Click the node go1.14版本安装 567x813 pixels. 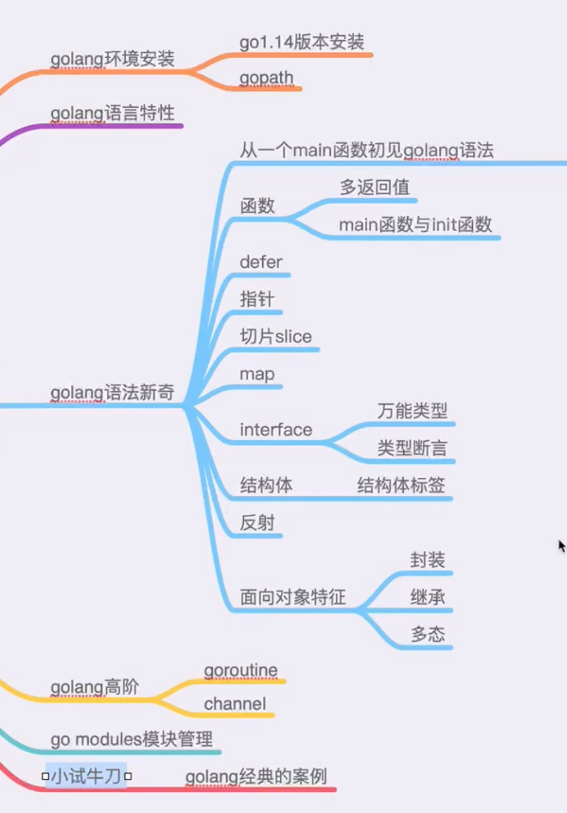click(301, 42)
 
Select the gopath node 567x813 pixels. click(266, 78)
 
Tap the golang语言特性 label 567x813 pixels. click(112, 113)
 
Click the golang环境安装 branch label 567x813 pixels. click(112, 59)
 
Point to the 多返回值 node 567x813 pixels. click(374, 187)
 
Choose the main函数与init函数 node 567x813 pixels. click(415, 224)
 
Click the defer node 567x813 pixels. click(261, 262)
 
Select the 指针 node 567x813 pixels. click(257, 299)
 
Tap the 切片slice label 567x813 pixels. click(275, 336)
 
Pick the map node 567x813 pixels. click(257, 374)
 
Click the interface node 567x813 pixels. click(276, 430)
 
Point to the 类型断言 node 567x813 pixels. click(412, 448)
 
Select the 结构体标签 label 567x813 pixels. click(401, 485)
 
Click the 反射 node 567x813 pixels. click(257, 523)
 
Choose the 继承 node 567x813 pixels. click(428, 597)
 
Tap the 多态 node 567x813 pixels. click(428, 634)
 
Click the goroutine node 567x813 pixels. click(241, 670)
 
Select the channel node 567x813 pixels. click(235, 704)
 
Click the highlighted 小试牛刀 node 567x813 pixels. click(87, 776)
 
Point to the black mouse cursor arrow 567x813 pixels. click(562, 545)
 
